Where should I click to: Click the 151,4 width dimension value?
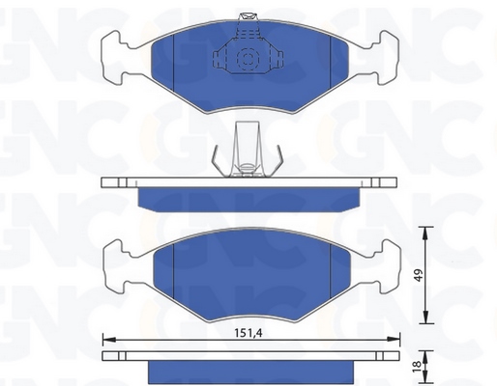coord(248,333)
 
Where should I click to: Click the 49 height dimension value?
coord(419,276)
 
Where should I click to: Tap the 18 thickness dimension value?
coord(417,365)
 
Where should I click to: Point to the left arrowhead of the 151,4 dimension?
coord(109,339)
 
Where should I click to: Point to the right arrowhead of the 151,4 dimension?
coord(394,339)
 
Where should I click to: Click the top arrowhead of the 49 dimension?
coord(425,234)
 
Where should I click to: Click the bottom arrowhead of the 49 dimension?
coord(425,317)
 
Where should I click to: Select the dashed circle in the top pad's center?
coord(248,59)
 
